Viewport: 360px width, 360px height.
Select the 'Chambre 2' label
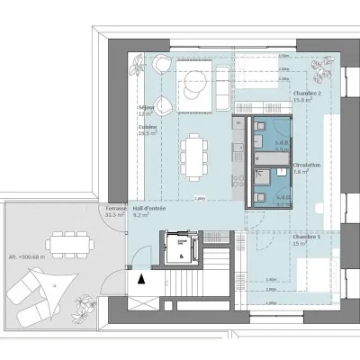coord(307,93)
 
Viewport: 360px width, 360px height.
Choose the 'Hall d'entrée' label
coord(148,208)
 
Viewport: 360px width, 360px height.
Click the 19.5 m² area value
coord(147,133)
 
